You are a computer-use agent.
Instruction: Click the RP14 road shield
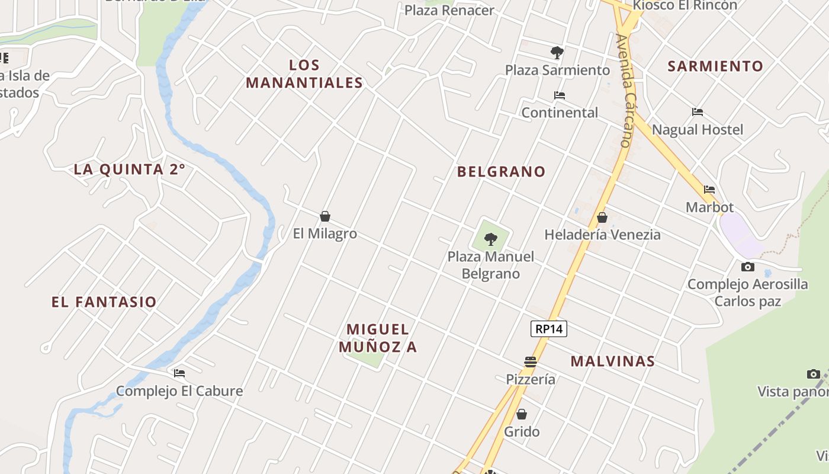pos(549,329)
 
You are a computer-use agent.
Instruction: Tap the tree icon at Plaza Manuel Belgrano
pos(490,239)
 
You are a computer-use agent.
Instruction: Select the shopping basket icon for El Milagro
pos(325,216)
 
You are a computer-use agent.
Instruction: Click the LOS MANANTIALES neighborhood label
pos(304,74)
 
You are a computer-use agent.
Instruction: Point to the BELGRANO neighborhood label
pos(501,172)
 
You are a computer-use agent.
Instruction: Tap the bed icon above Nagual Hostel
pos(698,112)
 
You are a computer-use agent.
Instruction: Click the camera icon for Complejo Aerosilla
pos(748,267)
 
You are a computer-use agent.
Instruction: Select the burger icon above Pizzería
pos(531,361)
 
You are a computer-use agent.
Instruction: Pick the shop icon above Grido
pos(522,414)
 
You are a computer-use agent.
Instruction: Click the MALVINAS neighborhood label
pos(613,361)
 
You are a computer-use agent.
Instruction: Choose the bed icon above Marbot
pos(709,190)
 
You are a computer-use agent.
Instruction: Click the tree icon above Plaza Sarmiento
pos(557,52)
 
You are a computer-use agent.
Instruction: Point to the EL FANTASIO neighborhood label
pos(104,302)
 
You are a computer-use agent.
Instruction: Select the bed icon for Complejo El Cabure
pos(179,373)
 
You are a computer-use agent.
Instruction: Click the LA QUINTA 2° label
pos(130,169)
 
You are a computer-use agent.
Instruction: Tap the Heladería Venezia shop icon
pos(602,217)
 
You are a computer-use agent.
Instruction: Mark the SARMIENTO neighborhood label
pos(715,66)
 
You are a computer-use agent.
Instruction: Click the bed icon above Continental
pos(560,95)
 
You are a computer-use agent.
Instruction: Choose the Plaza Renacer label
pos(449,11)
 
